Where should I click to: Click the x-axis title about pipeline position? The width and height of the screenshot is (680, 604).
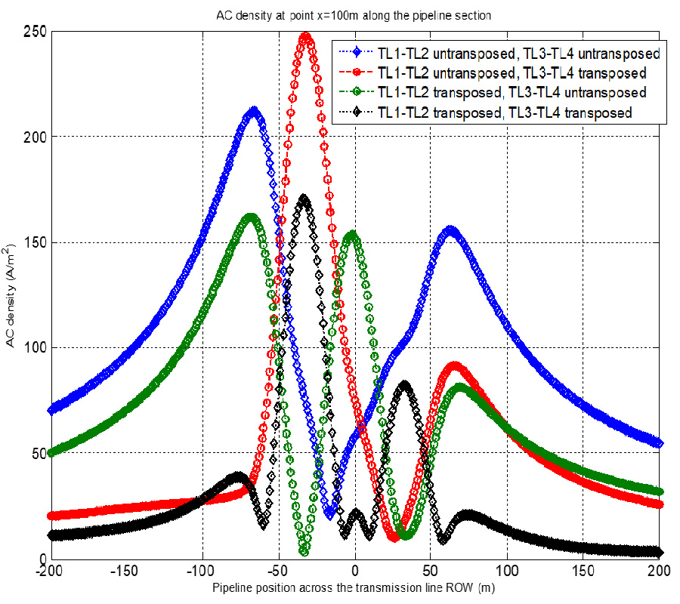pyautogui.click(x=354, y=587)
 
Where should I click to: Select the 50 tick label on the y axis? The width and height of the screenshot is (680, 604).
pyautogui.click(x=37, y=454)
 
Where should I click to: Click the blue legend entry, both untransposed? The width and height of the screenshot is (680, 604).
pyautogui.click(x=518, y=54)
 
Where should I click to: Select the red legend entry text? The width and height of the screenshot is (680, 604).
pyautogui.click(x=511, y=74)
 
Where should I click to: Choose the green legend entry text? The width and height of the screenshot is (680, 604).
pyautogui.click(x=511, y=94)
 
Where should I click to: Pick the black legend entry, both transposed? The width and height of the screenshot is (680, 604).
pyautogui.click(x=503, y=113)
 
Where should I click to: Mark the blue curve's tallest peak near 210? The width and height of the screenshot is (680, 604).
pyautogui.click(x=254, y=112)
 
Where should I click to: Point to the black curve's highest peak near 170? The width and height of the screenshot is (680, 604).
pyautogui.click(x=304, y=200)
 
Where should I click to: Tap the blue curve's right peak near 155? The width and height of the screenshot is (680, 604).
pyautogui.click(x=450, y=230)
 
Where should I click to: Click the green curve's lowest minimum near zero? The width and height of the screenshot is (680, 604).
pyautogui.click(x=304, y=550)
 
